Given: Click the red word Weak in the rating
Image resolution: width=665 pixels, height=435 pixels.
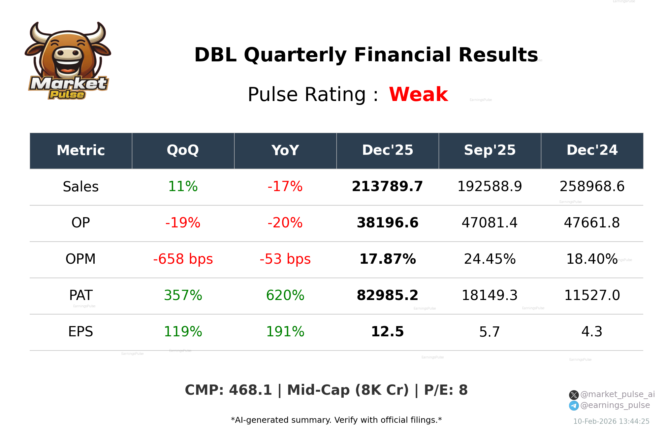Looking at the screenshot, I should click(418, 94).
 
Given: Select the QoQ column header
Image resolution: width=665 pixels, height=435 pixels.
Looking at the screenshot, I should click(183, 151).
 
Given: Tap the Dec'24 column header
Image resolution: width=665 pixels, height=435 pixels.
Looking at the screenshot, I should click(592, 151).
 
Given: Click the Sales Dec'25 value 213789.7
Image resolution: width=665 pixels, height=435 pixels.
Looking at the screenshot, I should click(387, 186).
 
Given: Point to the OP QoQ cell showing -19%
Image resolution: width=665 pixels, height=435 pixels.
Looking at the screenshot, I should click(183, 223).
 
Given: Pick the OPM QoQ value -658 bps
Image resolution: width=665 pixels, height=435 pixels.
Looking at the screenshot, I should click(183, 259).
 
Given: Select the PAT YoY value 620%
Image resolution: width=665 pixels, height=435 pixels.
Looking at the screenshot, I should click(285, 295).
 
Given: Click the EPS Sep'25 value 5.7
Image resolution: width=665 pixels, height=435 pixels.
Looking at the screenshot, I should click(490, 332).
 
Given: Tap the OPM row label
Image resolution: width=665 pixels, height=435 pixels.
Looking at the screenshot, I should click(80, 259).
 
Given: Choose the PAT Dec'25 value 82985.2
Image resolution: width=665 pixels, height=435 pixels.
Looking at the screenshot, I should click(387, 295).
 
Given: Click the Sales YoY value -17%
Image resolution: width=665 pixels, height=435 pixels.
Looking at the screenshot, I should click(285, 186).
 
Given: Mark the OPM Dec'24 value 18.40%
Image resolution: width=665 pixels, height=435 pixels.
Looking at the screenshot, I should click(592, 259).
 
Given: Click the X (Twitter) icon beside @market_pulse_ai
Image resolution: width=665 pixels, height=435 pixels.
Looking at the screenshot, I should click(574, 395).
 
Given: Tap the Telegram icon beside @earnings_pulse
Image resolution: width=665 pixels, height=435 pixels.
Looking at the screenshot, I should click(574, 406).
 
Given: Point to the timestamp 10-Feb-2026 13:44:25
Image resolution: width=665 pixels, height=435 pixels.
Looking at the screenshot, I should click(611, 421).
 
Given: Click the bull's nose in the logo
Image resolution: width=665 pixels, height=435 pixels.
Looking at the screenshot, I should click(68, 53).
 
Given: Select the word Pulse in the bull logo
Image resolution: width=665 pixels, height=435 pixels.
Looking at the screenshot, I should click(67, 95).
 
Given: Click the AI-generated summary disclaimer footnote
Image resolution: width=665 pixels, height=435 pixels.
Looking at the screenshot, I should click(336, 420).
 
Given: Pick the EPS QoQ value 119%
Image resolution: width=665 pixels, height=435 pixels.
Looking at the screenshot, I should click(183, 332).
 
